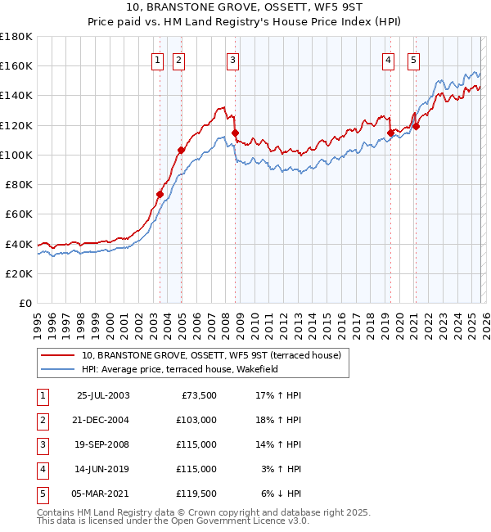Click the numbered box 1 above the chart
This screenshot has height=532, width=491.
[x=156, y=59]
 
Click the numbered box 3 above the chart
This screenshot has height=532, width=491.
[x=232, y=59]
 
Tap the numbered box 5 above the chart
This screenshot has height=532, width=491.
[x=413, y=59]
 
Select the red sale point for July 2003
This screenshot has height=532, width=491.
[x=160, y=194]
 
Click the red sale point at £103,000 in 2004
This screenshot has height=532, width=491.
[x=181, y=151]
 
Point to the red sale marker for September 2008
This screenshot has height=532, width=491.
[x=235, y=133]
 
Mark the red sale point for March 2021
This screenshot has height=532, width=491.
[x=416, y=126]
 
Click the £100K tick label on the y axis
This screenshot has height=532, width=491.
[x=16, y=155]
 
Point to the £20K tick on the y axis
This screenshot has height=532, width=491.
[x=19, y=273]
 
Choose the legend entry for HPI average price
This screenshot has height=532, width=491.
[x=180, y=369]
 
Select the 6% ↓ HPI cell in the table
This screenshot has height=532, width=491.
[x=281, y=493]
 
